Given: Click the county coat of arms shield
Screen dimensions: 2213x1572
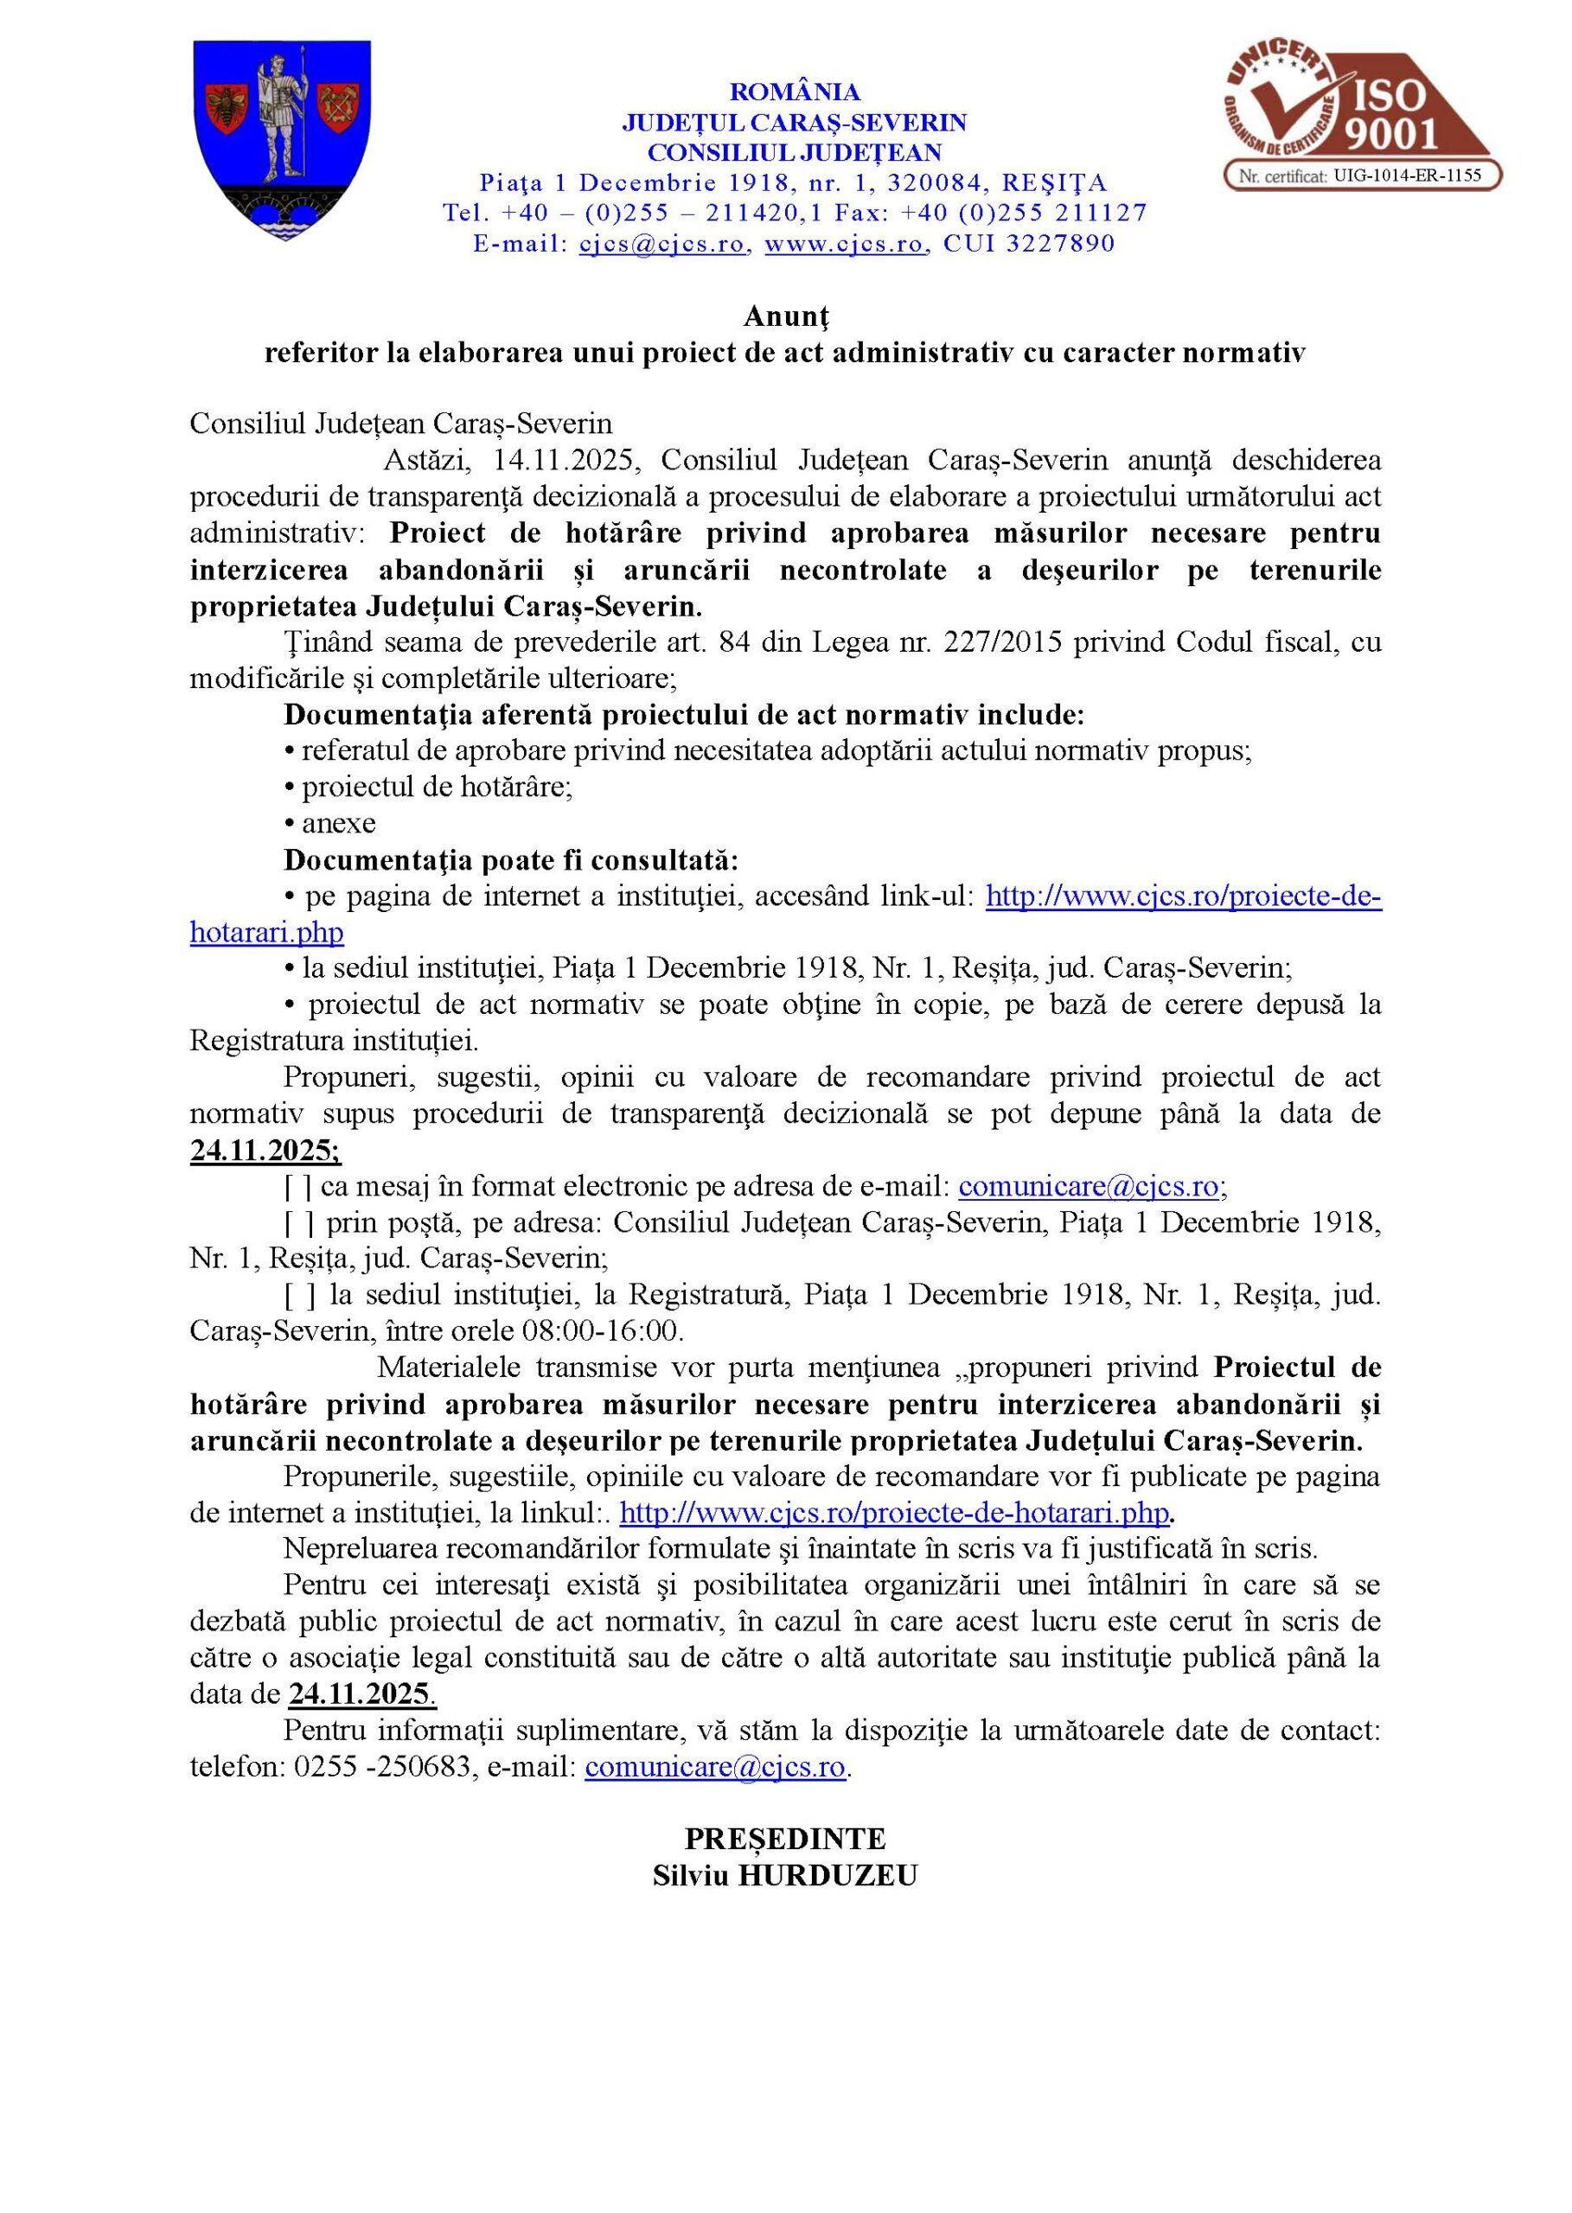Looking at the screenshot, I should pos(282,140).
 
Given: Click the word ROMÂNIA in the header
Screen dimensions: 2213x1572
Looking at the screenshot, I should pos(794,92).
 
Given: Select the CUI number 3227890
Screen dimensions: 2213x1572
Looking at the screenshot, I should pos(1060,243).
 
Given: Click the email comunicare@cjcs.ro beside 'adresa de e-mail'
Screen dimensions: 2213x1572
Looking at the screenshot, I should pos(1088,1187).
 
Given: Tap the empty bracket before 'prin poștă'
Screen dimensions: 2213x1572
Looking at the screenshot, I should pos(298,1223).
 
